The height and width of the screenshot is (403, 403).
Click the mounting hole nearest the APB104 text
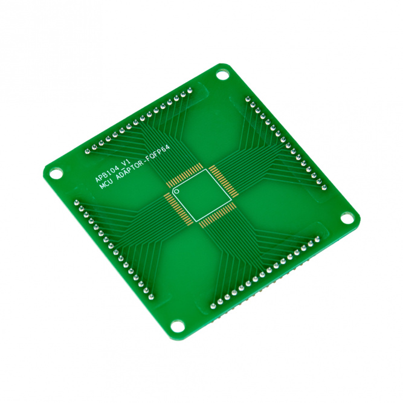click(56, 173)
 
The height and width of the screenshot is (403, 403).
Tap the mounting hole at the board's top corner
click(222, 76)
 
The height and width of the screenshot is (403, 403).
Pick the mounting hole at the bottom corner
click(178, 326)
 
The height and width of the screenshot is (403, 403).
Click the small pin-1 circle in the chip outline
click(176, 191)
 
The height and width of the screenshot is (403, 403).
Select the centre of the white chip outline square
click(202, 195)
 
